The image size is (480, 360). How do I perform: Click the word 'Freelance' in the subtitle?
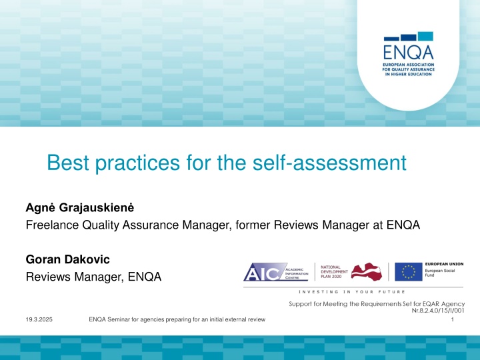tap(52, 225)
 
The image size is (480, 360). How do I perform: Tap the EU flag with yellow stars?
tap(406, 273)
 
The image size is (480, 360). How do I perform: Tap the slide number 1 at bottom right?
tap(453, 321)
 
